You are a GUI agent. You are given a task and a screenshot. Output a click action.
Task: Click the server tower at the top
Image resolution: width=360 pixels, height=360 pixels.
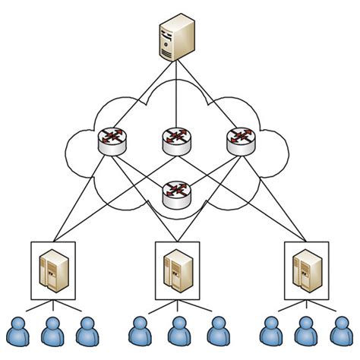176,40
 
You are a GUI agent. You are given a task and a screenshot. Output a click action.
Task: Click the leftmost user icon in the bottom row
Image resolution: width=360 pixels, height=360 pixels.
17,332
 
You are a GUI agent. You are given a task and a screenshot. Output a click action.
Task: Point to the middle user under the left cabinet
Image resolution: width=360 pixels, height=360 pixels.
52,332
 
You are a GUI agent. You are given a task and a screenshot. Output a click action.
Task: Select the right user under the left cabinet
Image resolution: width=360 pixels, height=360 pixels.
87,332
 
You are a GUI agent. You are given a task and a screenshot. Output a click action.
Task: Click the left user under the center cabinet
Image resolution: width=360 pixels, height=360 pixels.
141,332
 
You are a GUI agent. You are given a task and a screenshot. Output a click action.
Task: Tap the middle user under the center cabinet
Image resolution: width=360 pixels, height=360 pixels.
176,332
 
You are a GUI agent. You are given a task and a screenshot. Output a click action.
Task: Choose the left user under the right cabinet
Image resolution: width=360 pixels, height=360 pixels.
270,332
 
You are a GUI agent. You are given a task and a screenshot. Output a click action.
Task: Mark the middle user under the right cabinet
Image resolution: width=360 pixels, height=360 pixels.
305,332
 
